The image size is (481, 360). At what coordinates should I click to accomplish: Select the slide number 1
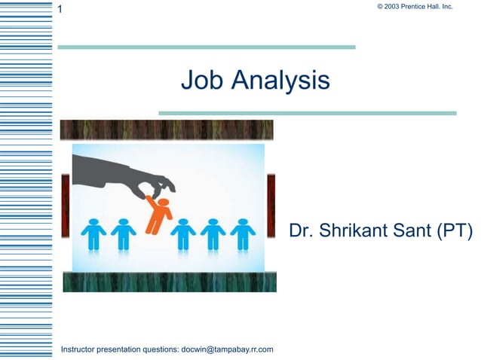[x=60, y=10]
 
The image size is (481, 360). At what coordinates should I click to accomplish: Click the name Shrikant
[x=353, y=231]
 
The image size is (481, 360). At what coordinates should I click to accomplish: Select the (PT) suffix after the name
[x=455, y=231]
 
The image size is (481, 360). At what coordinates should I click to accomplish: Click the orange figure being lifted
[x=159, y=214]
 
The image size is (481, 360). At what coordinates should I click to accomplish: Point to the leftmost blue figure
[x=93, y=234]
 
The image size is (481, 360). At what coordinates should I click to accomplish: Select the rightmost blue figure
[x=243, y=234]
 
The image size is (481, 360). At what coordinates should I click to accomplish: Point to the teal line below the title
[x=307, y=113]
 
